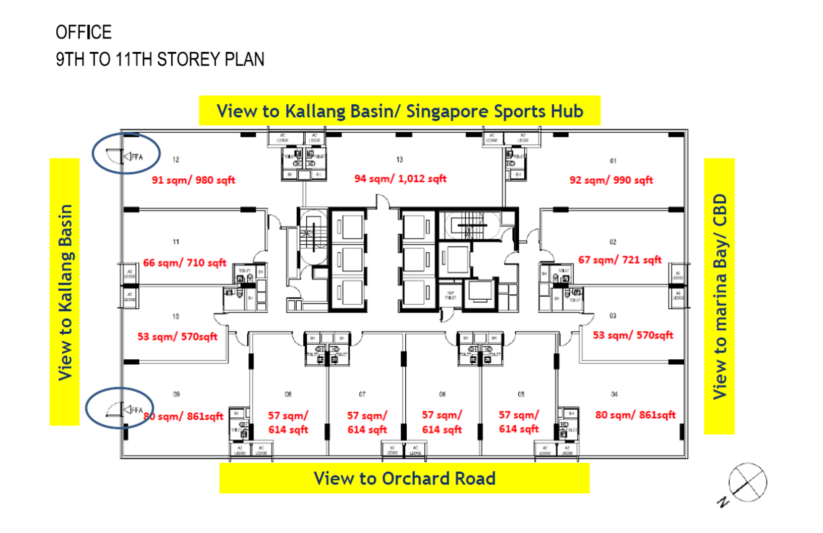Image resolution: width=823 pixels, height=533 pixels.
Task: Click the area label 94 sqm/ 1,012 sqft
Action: click(x=400, y=179)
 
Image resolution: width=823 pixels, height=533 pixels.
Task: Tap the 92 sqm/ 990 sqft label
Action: click(x=611, y=180)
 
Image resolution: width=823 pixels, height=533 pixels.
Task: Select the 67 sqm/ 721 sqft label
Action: click(x=620, y=260)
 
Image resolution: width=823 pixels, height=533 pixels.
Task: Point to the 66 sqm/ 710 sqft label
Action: click(x=185, y=263)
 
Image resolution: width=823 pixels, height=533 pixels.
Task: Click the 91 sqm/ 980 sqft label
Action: click(x=193, y=180)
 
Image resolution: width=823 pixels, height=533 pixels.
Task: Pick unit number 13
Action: click(x=399, y=159)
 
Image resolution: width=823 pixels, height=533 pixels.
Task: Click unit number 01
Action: click(x=613, y=161)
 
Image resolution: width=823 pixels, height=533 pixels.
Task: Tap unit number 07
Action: click(x=362, y=394)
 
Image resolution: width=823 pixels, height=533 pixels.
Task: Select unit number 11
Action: click(x=176, y=242)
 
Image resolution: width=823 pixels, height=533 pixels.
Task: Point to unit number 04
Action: click(x=614, y=394)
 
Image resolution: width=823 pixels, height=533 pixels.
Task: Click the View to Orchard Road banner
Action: click(x=404, y=479)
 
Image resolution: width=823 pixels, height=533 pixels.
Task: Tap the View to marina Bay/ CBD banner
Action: click(x=719, y=296)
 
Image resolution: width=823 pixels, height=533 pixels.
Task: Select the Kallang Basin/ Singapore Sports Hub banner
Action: click(x=400, y=111)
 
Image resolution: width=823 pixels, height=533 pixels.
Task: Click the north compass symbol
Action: click(x=746, y=483)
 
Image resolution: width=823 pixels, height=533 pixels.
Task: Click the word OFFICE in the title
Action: click(x=84, y=32)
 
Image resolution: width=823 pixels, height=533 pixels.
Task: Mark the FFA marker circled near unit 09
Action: click(x=132, y=410)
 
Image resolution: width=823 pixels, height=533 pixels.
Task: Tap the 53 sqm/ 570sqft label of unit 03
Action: click(x=632, y=335)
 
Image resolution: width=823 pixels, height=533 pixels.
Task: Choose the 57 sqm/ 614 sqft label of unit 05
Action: click(x=519, y=422)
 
